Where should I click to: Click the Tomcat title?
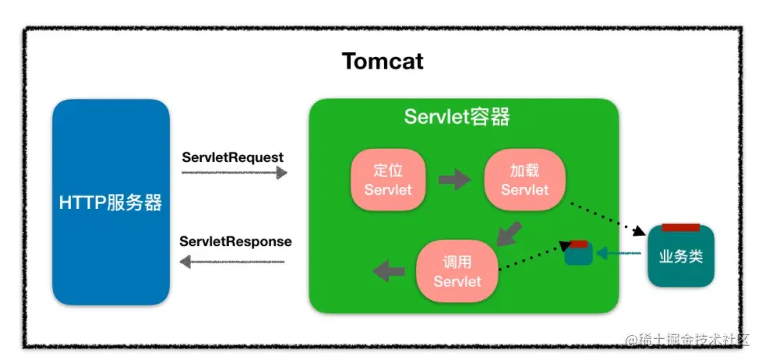click(383, 61)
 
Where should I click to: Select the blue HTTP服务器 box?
click(111, 202)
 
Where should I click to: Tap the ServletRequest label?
click(233, 157)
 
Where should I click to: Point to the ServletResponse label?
click(235, 242)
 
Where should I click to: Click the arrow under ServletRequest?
click(235, 172)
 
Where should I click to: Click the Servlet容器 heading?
click(457, 117)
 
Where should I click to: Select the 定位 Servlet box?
click(387, 180)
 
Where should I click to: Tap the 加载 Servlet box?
click(524, 180)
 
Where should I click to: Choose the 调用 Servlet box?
click(457, 272)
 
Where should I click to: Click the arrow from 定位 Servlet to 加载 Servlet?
click(454, 180)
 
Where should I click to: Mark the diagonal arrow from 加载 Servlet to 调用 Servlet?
click(509, 232)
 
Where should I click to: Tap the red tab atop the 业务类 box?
click(680, 228)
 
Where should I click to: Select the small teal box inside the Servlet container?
click(579, 254)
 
